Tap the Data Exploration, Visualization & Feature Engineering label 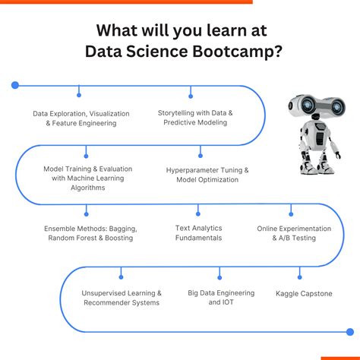[x=81, y=118]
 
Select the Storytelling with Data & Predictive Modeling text [x=195, y=117]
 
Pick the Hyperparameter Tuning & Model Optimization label [x=207, y=175]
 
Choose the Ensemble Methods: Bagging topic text [x=90, y=233]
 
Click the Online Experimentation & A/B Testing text [x=294, y=233]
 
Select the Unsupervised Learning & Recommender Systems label [x=122, y=298]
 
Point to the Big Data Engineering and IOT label [x=219, y=298]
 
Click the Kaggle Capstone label [x=304, y=293]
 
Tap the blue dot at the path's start [x=15, y=85]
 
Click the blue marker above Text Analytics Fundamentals [x=198, y=208]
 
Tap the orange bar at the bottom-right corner [x=339, y=358]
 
